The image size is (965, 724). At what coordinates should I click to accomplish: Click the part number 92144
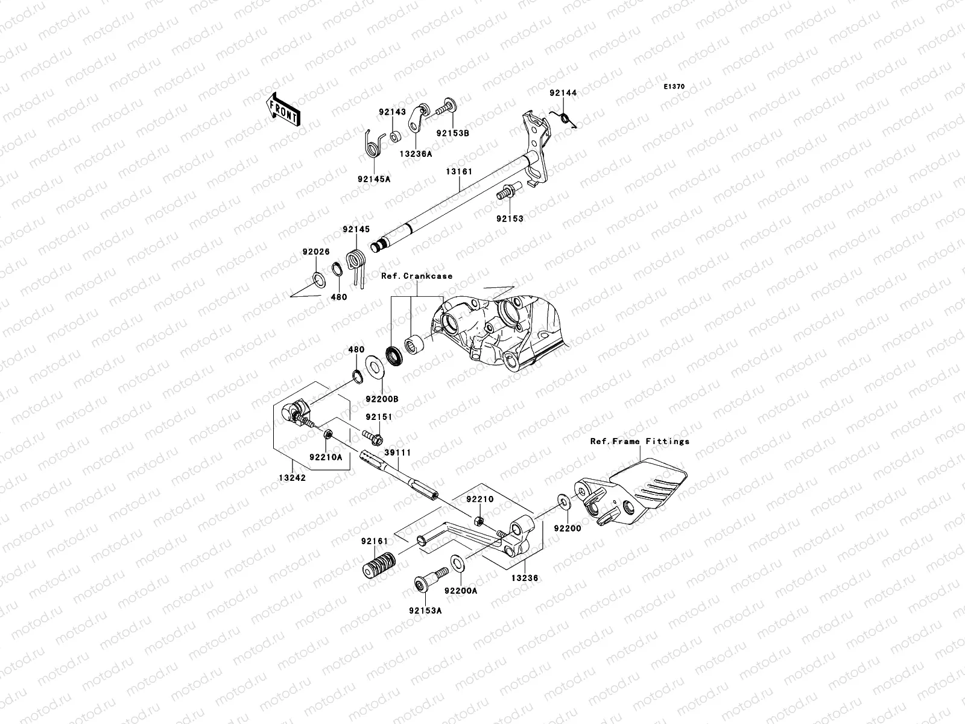click(563, 93)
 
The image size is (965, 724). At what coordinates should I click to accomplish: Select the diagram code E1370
click(674, 87)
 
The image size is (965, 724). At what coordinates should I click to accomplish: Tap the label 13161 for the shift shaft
click(459, 172)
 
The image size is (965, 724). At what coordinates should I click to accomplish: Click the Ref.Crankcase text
click(416, 276)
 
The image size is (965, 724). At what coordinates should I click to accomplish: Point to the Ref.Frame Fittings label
click(639, 441)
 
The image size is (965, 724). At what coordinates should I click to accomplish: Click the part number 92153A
click(426, 610)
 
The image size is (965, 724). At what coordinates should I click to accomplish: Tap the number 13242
click(292, 477)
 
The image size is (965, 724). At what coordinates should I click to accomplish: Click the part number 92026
click(316, 252)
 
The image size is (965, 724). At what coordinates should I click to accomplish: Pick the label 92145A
click(373, 179)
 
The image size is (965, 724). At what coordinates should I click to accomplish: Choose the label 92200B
click(381, 399)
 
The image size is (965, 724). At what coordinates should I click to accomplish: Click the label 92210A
click(326, 457)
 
